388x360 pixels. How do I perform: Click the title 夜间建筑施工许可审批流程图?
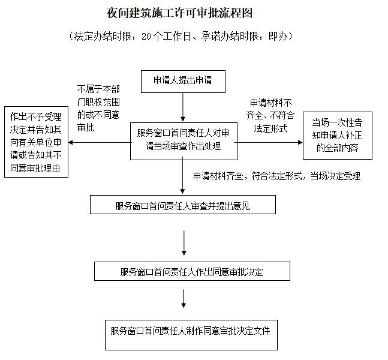pos(180,13)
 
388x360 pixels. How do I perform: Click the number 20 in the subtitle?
pos(148,36)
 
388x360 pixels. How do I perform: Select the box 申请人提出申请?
pos(182,81)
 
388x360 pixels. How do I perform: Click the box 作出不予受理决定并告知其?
pos(35,142)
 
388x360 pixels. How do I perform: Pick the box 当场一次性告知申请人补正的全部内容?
pos(338,136)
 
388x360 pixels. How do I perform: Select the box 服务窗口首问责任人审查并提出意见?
pos(182,205)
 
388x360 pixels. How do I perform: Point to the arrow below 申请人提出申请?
pos(182,107)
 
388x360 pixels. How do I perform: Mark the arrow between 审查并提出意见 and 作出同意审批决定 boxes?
pos(184,237)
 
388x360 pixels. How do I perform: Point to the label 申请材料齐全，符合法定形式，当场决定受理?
pos(276,176)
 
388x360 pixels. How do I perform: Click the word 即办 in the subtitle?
pos(279,36)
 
